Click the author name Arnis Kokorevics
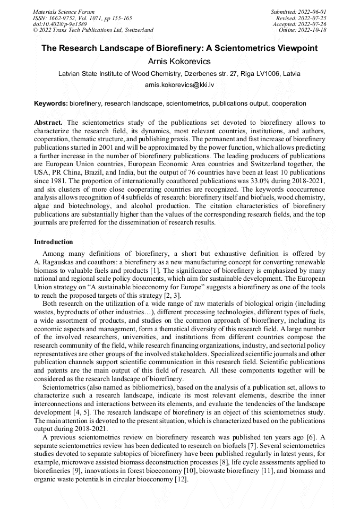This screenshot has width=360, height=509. pos(179,62)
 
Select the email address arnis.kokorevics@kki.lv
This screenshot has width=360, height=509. pos(179,85)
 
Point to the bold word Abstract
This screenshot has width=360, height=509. pos(49,122)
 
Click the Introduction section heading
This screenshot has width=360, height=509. pos(53,241)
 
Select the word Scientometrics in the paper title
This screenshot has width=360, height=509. pos(229,48)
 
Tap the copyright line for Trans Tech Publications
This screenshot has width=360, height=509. pos(93,30)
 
